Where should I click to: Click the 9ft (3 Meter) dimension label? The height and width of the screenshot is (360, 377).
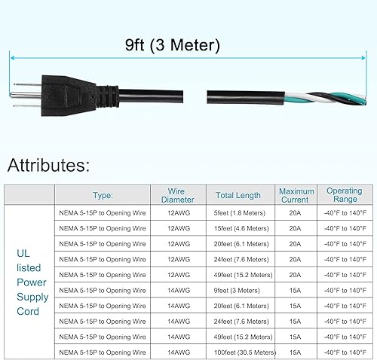click(x=173, y=45)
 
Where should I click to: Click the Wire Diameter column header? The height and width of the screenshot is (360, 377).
click(x=178, y=195)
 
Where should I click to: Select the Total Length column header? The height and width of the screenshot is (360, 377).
click(x=238, y=195)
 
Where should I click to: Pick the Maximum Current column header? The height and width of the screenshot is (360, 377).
click(x=295, y=195)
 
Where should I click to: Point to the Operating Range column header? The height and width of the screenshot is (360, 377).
click(x=344, y=195)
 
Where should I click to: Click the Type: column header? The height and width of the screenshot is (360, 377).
click(x=103, y=195)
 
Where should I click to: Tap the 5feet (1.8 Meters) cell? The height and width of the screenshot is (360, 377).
click(x=238, y=213)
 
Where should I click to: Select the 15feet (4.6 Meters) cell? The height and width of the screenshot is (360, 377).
click(x=238, y=228)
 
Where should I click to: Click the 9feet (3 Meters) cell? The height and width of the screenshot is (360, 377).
click(x=238, y=290)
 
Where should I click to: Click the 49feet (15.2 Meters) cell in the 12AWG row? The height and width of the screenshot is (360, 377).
click(x=238, y=275)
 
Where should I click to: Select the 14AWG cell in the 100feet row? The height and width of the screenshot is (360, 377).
click(x=178, y=352)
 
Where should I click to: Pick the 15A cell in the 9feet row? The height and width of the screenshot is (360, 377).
click(x=295, y=290)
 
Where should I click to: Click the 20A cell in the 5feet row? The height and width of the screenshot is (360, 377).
click(x=295, y=213)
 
